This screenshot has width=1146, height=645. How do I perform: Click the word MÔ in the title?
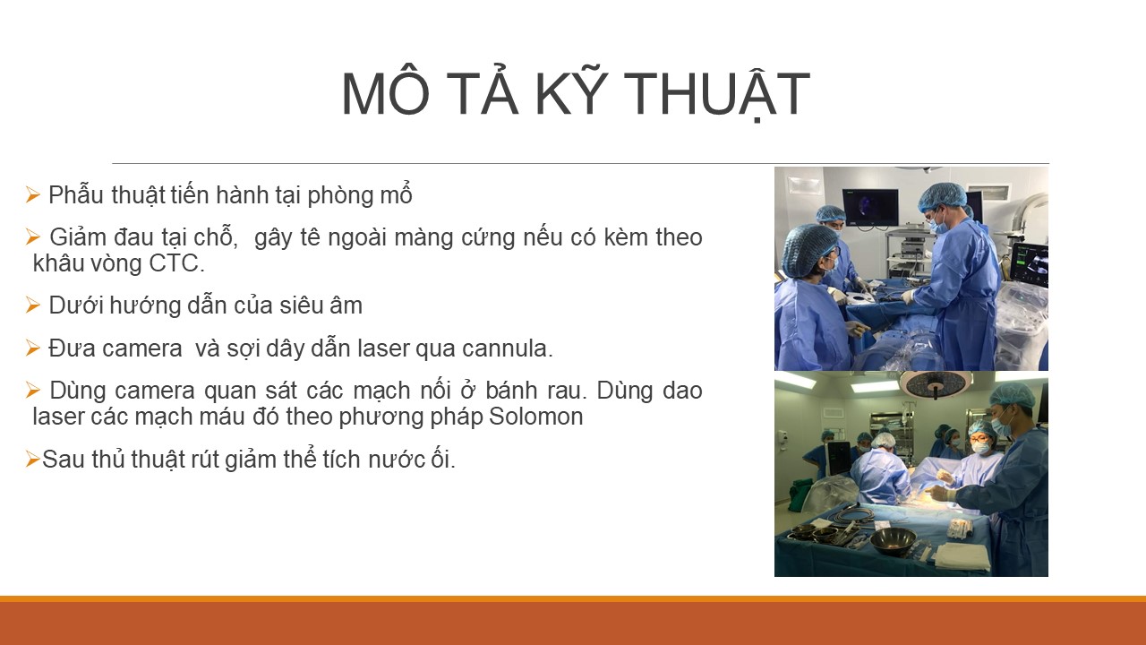385,94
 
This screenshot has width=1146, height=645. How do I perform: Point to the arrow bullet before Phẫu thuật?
33,195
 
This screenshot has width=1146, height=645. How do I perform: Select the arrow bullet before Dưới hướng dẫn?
33,305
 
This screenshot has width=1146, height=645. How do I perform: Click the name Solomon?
535,417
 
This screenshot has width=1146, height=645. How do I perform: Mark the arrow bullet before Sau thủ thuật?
33,460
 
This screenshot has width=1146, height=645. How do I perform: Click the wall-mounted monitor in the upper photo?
870,207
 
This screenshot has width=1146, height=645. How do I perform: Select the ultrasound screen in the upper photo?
1030,263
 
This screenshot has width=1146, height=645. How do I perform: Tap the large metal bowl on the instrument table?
894,541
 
